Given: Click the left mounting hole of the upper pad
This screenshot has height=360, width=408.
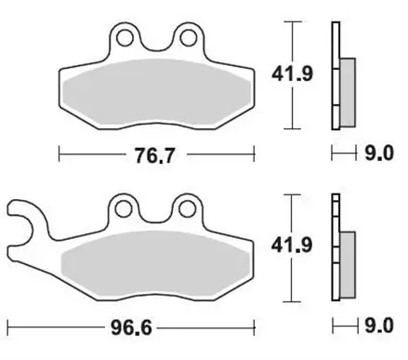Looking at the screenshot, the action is click(x=125, y=38).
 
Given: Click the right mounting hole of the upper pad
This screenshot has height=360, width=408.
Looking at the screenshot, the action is click(x=189, y=38).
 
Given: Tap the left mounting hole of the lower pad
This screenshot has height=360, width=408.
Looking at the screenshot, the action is click(x=124, y=208).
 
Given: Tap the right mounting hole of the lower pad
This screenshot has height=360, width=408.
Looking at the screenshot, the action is click(x=187, y=208).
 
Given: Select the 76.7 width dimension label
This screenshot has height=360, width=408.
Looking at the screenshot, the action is click(x=154, y=155).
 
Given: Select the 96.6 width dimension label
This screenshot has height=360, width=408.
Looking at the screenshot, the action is click(x=132, y=327).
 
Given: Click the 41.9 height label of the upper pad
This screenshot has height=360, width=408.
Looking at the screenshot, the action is click(x=292, y=74).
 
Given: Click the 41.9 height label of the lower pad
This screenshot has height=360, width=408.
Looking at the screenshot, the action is click(x=292, y=246).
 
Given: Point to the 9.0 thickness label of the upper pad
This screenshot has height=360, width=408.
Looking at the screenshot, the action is click(x=379, y=153).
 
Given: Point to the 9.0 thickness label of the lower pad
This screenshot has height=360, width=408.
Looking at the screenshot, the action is click(x=379, y=326).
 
